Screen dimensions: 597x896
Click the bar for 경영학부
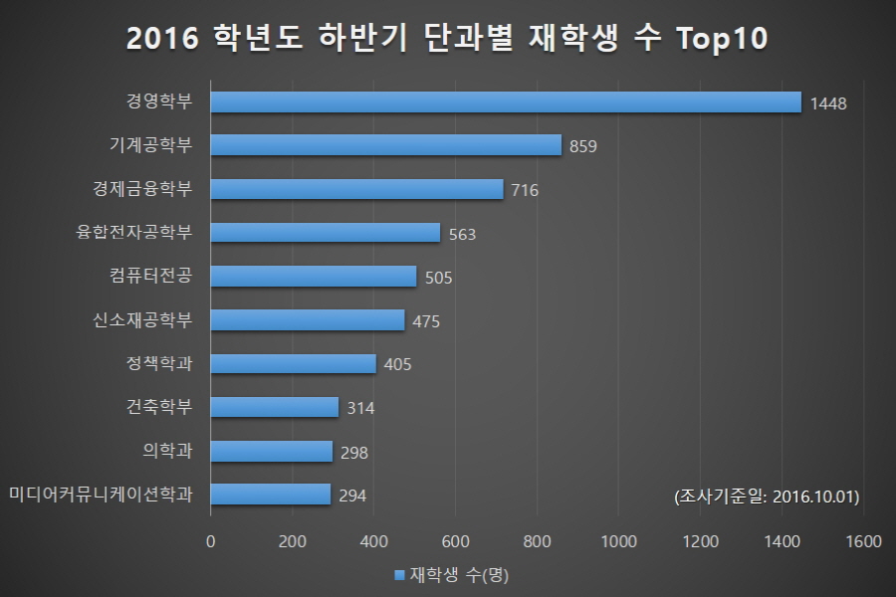(x=506, y=101)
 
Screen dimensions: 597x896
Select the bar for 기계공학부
(x=386, y=145)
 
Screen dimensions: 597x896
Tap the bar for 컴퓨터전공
(x=314, y=276)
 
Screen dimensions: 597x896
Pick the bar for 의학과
(x=272, y=451)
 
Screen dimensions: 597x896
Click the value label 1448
(x=828, y=103)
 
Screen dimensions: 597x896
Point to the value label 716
(x=525, y=190)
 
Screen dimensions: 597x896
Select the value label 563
(x=463, y=235)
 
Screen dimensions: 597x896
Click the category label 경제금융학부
(x=142, y=188)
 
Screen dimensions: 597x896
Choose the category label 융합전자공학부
(x=134, y=232)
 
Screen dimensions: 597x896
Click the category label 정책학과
(x=159, y=362)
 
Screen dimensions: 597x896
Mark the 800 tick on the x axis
(x=538, y=542)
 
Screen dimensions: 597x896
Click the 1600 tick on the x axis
(x=862, y=542)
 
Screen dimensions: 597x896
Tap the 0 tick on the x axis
(x=210, y=542)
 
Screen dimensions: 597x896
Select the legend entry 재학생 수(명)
(x=452, y=575)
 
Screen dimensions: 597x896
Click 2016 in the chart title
(x=162, y=41)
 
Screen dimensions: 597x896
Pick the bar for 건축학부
(x=275, y=407)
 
